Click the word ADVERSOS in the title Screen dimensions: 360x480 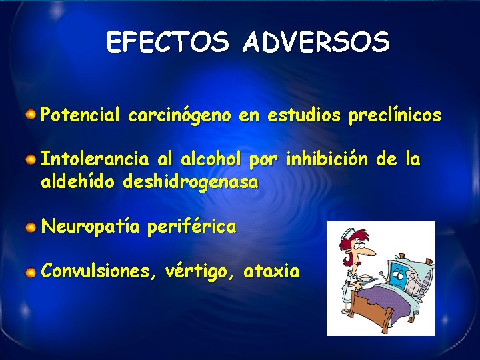pyautogui.click(x=316, y=43)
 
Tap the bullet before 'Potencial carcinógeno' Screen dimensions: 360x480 pyautogui.click(x=31, y=115)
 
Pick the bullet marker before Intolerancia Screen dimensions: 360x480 pyautogui.click(x=31, y=160)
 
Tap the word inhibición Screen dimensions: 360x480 pyautogui.click(x=326, y=160)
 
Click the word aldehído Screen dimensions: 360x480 pyautogui.click(x=79, y=181)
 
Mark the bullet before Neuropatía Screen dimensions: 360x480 pyautogui.click(x=31, y=227)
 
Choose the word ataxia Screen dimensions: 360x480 pyautogui.click(x=272, y=272)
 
